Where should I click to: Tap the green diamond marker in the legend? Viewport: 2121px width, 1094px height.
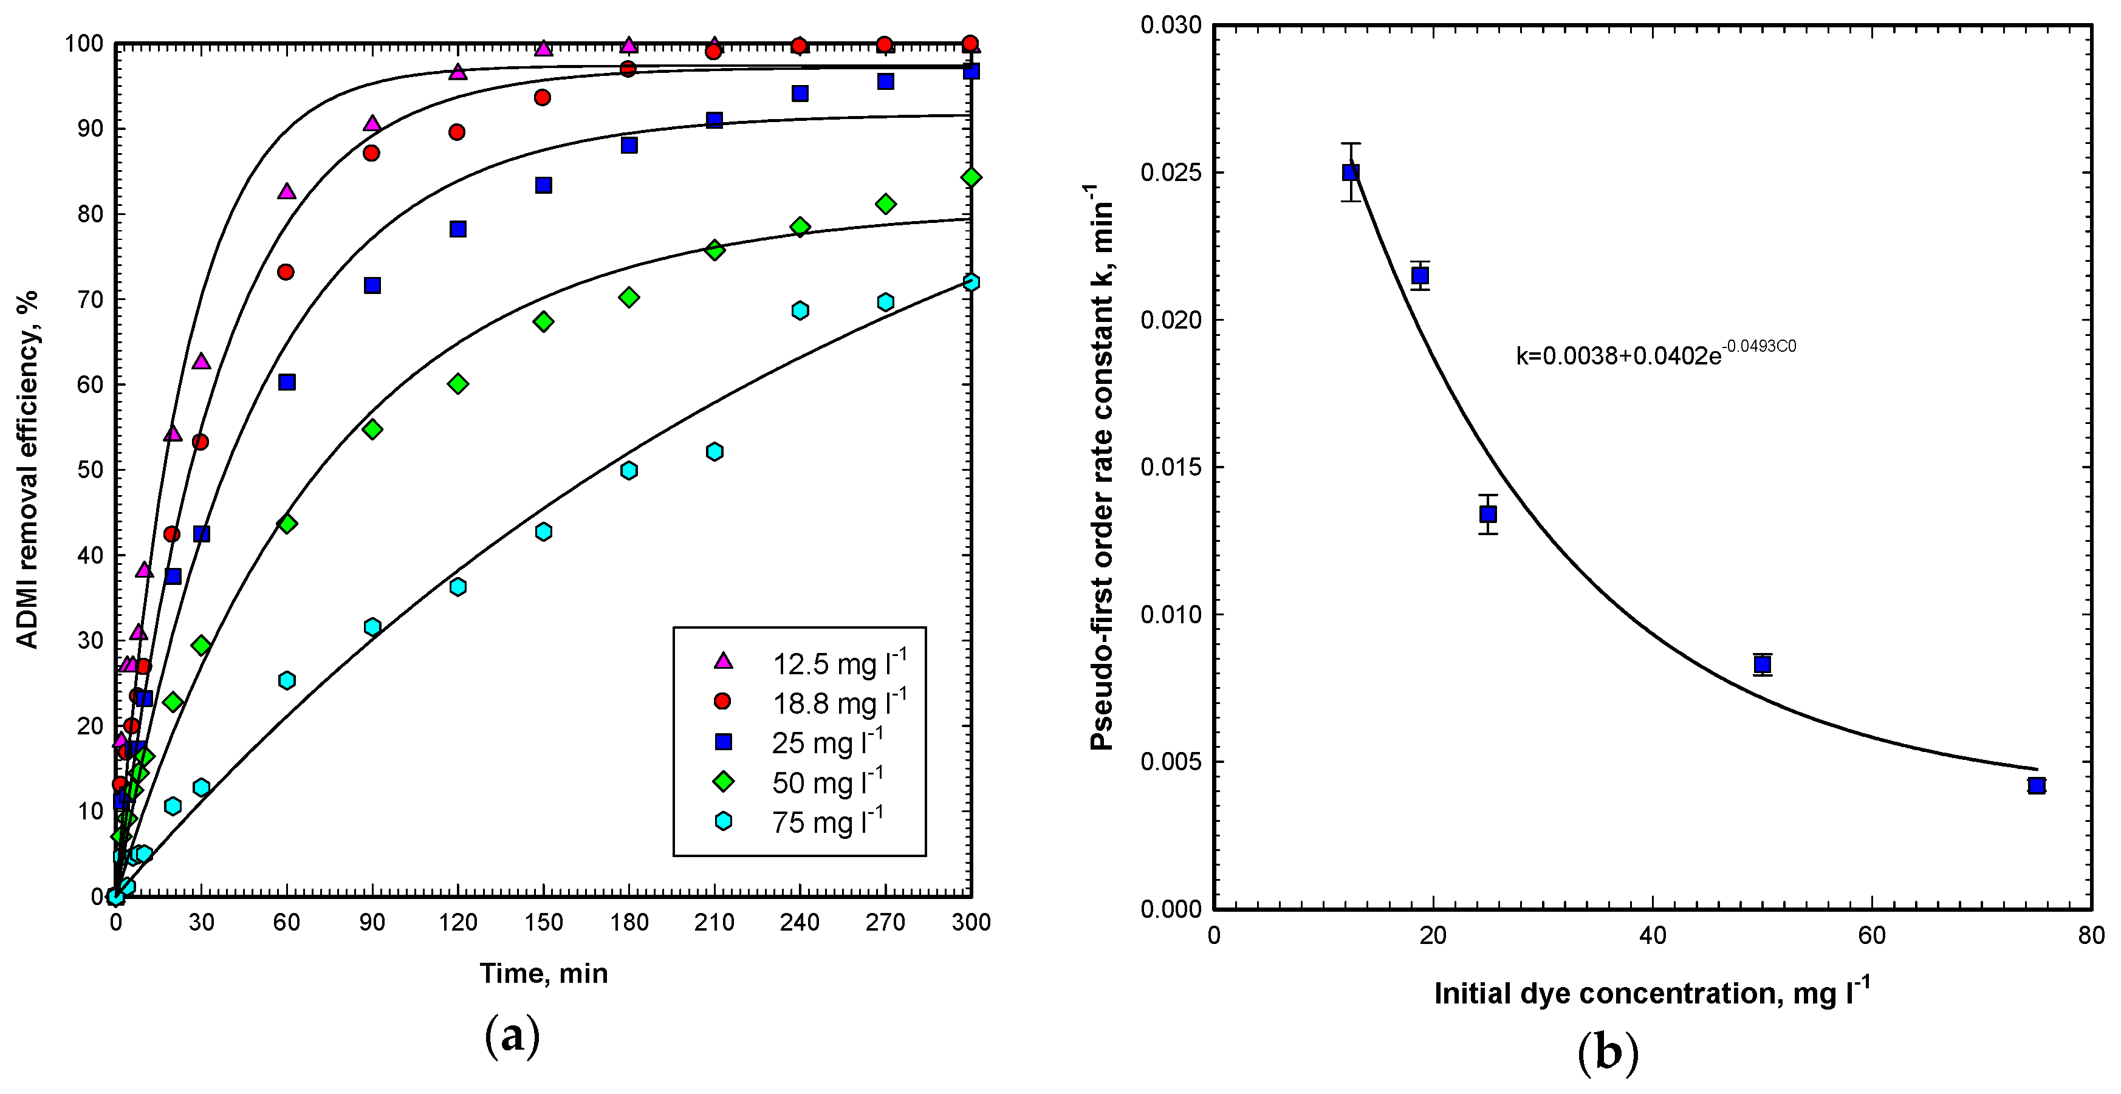click(722, 781)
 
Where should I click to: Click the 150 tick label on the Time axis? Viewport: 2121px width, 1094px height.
click(543, 922)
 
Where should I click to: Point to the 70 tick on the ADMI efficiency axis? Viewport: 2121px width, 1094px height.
click(89, 299)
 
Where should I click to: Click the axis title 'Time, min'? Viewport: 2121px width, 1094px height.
click(543, 973)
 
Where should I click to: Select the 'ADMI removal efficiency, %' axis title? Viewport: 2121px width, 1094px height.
click(28, 469)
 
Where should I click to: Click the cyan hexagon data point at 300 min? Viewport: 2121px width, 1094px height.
click(971, 282)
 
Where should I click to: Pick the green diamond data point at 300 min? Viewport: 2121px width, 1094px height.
click(971, 177)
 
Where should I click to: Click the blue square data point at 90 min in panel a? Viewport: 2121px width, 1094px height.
click(372, 285)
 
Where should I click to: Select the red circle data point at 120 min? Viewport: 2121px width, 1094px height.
click(457, 132)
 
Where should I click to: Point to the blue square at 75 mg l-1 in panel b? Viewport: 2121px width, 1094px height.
click(2036, 785)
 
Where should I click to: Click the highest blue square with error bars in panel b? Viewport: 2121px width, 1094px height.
click(1351, 172)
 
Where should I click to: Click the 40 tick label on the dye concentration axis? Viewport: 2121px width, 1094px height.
click(1653, 936)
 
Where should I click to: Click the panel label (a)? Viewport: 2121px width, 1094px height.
click(512, 1034)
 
